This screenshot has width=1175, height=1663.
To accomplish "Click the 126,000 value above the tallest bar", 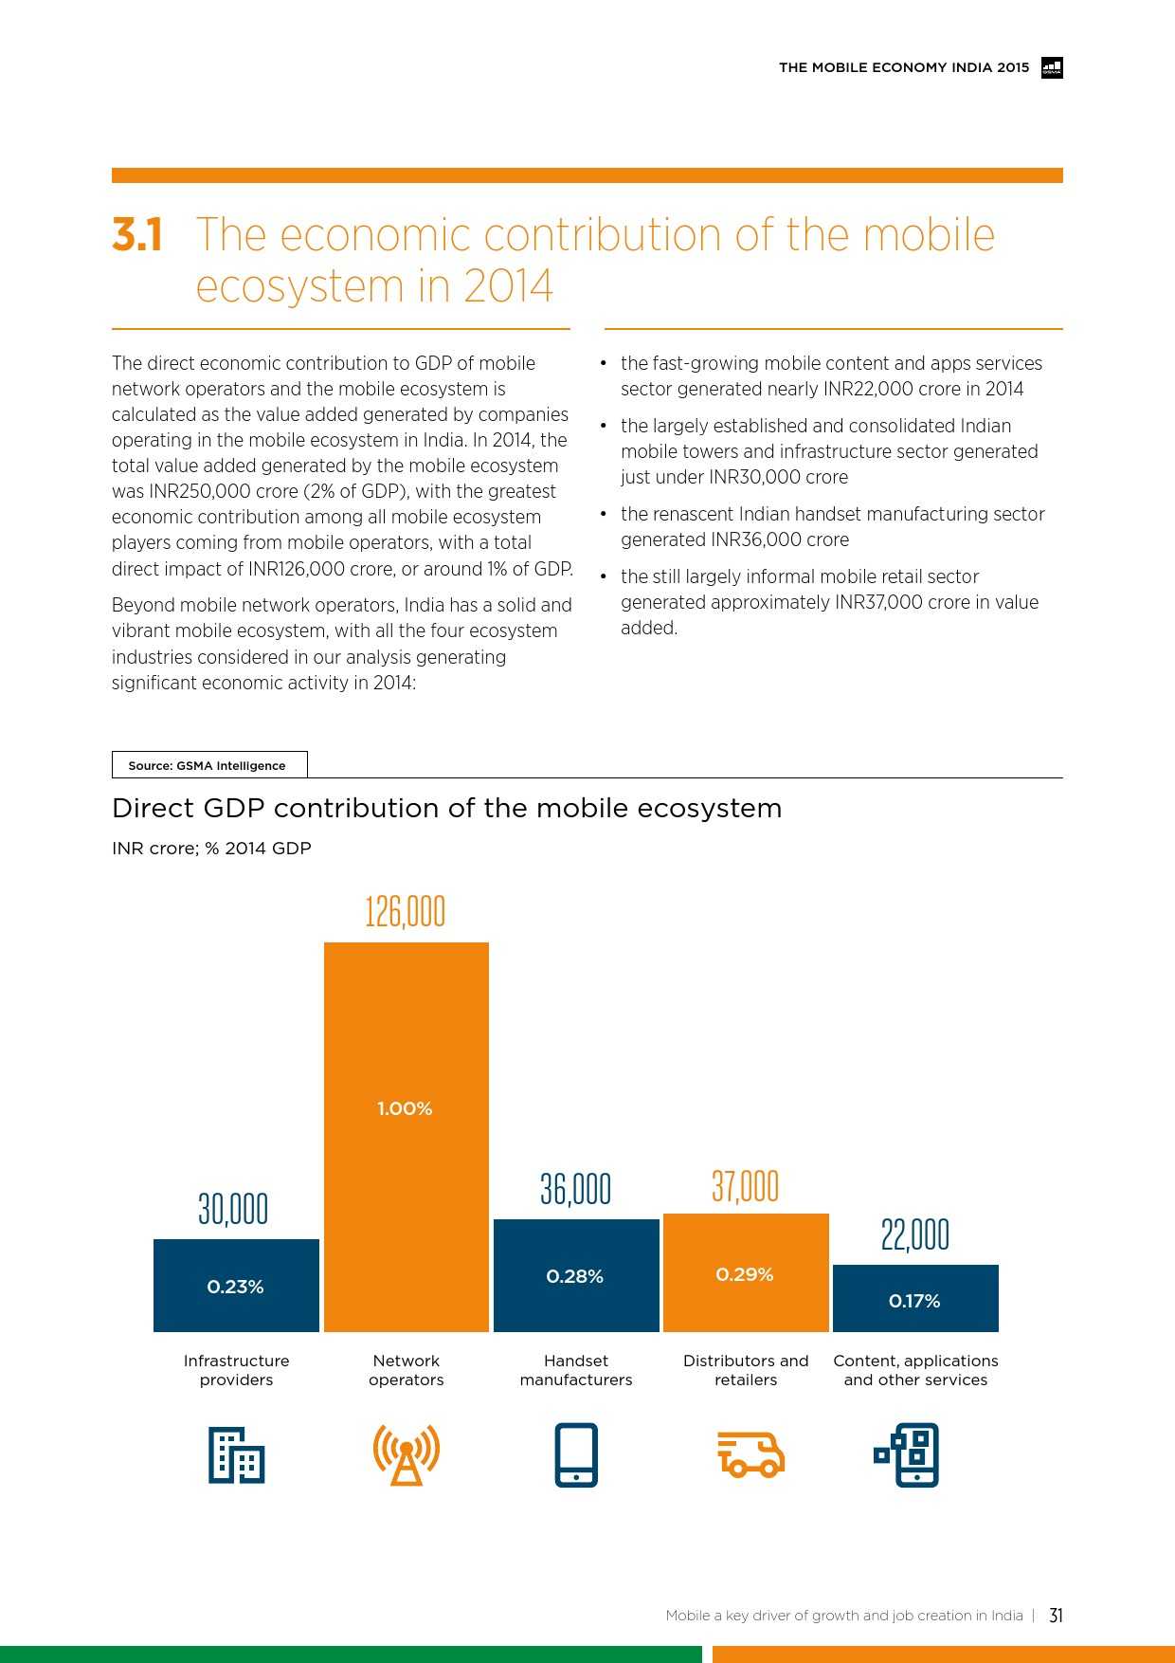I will tap(405, 911).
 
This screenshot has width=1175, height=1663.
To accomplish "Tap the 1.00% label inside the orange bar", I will tap(405, 1108).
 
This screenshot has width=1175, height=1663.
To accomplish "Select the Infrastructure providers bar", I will tap(236, 1285).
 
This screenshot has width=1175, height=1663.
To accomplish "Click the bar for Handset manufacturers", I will tap(576, 1275).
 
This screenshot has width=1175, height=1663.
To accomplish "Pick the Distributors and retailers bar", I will tap(746, 1272).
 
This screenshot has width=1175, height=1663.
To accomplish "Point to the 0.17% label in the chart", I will tap(914, 1301).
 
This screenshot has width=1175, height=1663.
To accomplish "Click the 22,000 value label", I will tap(914, 1234).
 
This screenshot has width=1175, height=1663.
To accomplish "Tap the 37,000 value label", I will tap(746, 1186).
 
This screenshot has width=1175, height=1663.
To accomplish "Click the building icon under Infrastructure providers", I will tap(236, 1454).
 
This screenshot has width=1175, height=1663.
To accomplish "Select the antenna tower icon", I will tap(407, 1454).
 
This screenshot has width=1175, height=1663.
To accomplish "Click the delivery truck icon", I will tap(750, 1454).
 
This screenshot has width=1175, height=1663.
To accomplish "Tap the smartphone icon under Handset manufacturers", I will tap(576, 1454).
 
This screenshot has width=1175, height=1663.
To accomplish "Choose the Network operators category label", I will tap(407, 1370).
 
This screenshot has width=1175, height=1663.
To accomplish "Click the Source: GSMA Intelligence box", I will tap(208, 765).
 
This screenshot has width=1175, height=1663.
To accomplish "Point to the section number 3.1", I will tap(137, 234).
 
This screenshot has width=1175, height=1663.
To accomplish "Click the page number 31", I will tap(1056, 1616).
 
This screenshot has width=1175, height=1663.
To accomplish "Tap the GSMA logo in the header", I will tap(1052, 67).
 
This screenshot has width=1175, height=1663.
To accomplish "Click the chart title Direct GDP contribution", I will tap(446, 808).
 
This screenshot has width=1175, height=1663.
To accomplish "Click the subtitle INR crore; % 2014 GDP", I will tap(211, 848).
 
